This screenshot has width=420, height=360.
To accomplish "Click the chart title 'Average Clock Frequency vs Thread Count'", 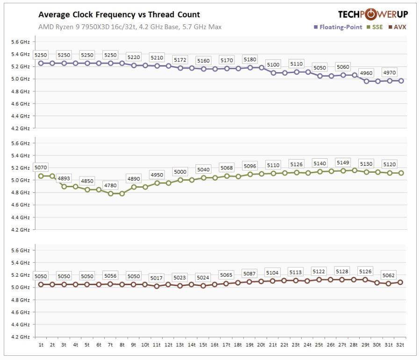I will (119, 15).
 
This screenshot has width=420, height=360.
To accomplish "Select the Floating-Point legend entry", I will (338, 27).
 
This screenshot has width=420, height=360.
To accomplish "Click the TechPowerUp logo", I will (373, 14).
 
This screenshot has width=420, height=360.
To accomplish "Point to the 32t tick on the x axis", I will (400, 345).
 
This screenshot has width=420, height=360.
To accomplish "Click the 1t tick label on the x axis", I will (41, 345).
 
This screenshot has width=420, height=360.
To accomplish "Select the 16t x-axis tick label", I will (215, 345).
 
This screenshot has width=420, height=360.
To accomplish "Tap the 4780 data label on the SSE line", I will (110, 185).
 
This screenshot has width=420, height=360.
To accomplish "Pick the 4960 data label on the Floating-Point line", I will (366, 73).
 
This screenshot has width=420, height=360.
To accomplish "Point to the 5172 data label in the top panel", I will (180, 60).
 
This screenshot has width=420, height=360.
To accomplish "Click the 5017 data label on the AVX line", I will (157, 278).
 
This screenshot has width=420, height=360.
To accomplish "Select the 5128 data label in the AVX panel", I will (343, 272).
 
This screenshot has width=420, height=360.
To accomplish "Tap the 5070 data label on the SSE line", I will (41, 168).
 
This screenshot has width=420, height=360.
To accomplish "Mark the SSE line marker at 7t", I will (110, 193).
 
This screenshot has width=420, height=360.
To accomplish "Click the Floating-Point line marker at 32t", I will (401, 81).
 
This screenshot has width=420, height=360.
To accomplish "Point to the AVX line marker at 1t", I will (41, 284).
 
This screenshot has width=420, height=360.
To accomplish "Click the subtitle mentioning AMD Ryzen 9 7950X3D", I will (130, 27).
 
